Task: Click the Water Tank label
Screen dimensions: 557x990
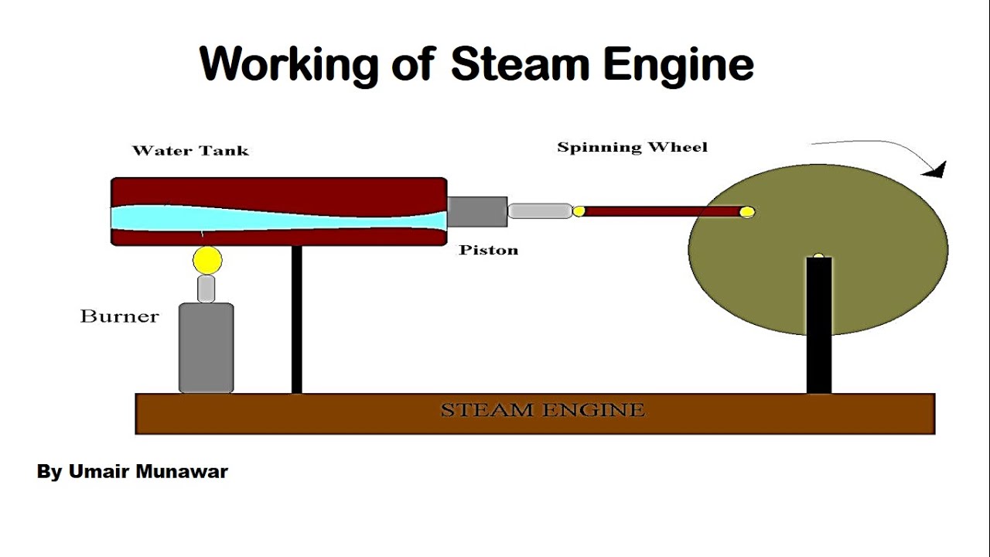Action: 190,151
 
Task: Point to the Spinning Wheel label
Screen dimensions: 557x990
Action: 632,147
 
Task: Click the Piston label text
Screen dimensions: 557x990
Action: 488,251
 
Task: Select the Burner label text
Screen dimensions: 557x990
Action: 119,316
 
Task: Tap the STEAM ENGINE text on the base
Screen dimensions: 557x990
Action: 542,410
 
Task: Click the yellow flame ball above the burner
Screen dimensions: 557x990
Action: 207,261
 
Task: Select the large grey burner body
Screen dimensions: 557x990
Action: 206,348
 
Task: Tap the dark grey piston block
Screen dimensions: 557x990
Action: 477,211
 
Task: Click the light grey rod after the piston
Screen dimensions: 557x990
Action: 539,210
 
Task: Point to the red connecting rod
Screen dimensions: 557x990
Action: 657,211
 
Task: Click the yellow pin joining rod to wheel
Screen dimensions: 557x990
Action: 746,212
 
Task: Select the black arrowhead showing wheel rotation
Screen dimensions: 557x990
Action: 937,169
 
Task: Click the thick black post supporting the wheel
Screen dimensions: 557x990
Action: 818,325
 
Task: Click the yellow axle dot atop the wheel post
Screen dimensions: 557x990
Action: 818,256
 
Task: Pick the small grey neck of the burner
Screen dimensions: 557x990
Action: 206,289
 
